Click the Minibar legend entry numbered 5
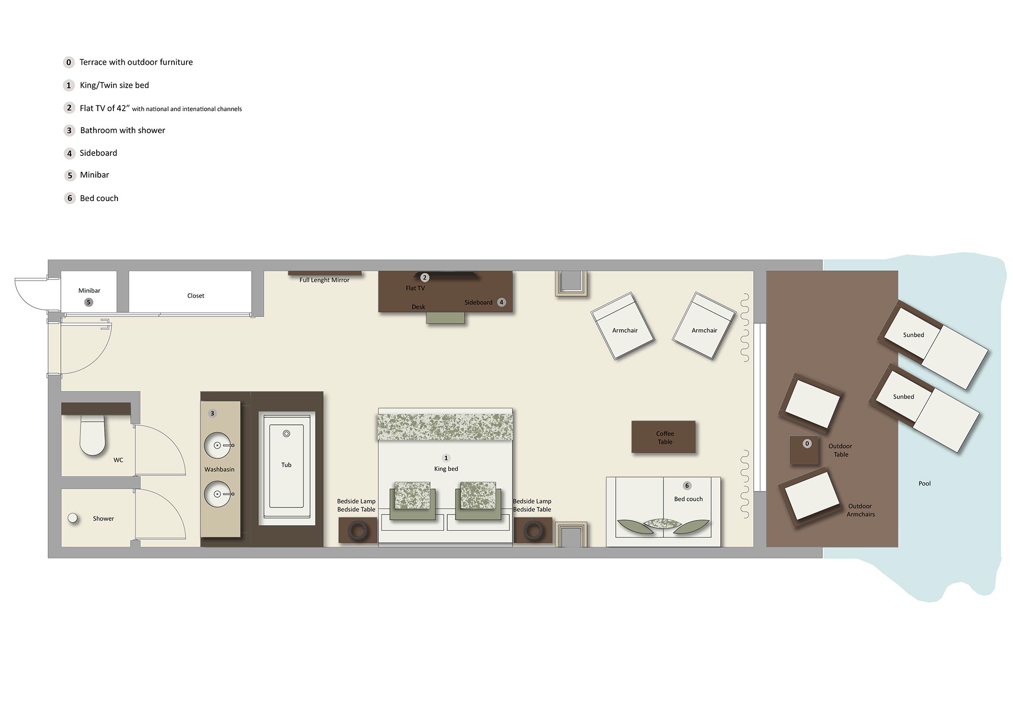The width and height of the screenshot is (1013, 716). point(94,175)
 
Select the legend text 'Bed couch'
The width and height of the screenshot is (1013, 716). point(99,198)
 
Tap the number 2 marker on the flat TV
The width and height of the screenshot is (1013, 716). point(425,277)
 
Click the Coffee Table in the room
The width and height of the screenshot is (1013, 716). point(664,437)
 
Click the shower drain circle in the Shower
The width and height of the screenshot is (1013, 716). point(73,518)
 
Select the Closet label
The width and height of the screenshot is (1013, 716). point(196,296)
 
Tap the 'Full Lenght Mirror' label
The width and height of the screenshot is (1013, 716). point(324,280)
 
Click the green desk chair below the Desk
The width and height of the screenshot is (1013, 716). point(445,317)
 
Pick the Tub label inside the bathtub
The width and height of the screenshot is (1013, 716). point(286,465)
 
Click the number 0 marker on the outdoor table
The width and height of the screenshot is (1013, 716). point(807,444)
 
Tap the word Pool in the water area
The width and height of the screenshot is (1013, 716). point(924,484)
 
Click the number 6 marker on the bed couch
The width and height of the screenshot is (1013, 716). point(687,486)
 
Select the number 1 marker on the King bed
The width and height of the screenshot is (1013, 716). point(446,458)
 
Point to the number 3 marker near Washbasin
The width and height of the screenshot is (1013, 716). point(212,414)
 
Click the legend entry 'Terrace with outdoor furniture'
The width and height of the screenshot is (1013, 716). point(136,62)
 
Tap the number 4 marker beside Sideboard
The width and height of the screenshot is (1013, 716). point(501,302)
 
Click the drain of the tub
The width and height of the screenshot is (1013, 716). point(286,434)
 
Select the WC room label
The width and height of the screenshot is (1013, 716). point(118,460)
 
